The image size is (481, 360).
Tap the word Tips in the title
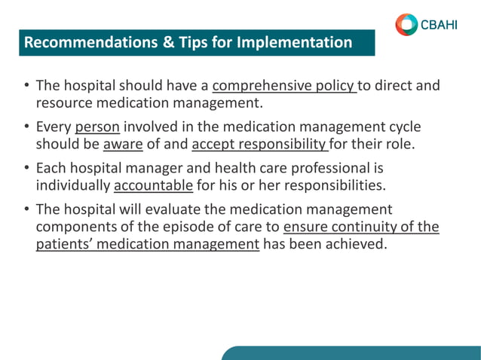point(176,42)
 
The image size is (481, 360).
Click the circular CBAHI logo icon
point(406,24)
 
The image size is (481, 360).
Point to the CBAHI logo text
point(439,25)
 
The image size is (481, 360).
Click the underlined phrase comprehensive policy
point(283,85)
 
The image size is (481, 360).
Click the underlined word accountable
point(153,184)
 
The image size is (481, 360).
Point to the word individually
point(72,184)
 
